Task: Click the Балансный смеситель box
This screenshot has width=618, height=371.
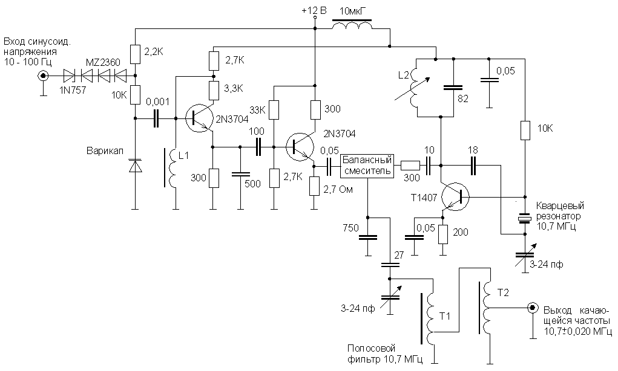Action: [367, 166]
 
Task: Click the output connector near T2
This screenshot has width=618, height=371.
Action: [532, 307]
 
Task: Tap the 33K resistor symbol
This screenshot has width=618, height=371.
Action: [274, 109]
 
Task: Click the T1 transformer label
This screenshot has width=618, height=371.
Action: [445, 315]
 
